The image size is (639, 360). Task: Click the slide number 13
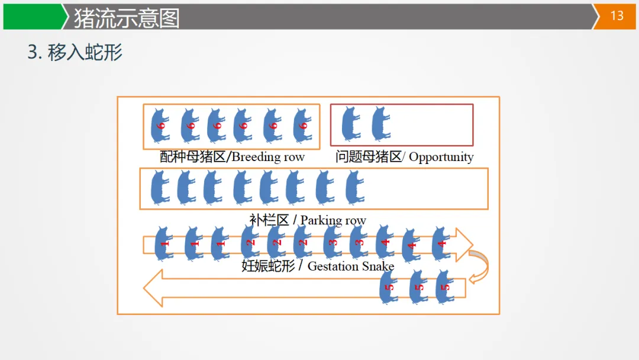pos(617,16)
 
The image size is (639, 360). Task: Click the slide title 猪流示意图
pos(126,18)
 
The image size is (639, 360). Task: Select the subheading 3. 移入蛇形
pos(75,53)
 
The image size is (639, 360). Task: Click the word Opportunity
pos(441,157)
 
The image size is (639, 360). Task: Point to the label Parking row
pos(333,220)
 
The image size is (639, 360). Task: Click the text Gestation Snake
pos(351,266)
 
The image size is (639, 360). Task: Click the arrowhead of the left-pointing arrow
pos(153,288)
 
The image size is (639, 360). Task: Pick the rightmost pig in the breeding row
pos(302,125)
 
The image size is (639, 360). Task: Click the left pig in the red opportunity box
pos(350,124)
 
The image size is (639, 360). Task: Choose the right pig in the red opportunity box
pos(380,124)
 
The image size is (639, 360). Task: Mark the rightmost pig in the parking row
pos(354,187)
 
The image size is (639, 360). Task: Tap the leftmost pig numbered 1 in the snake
pos(164,243)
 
